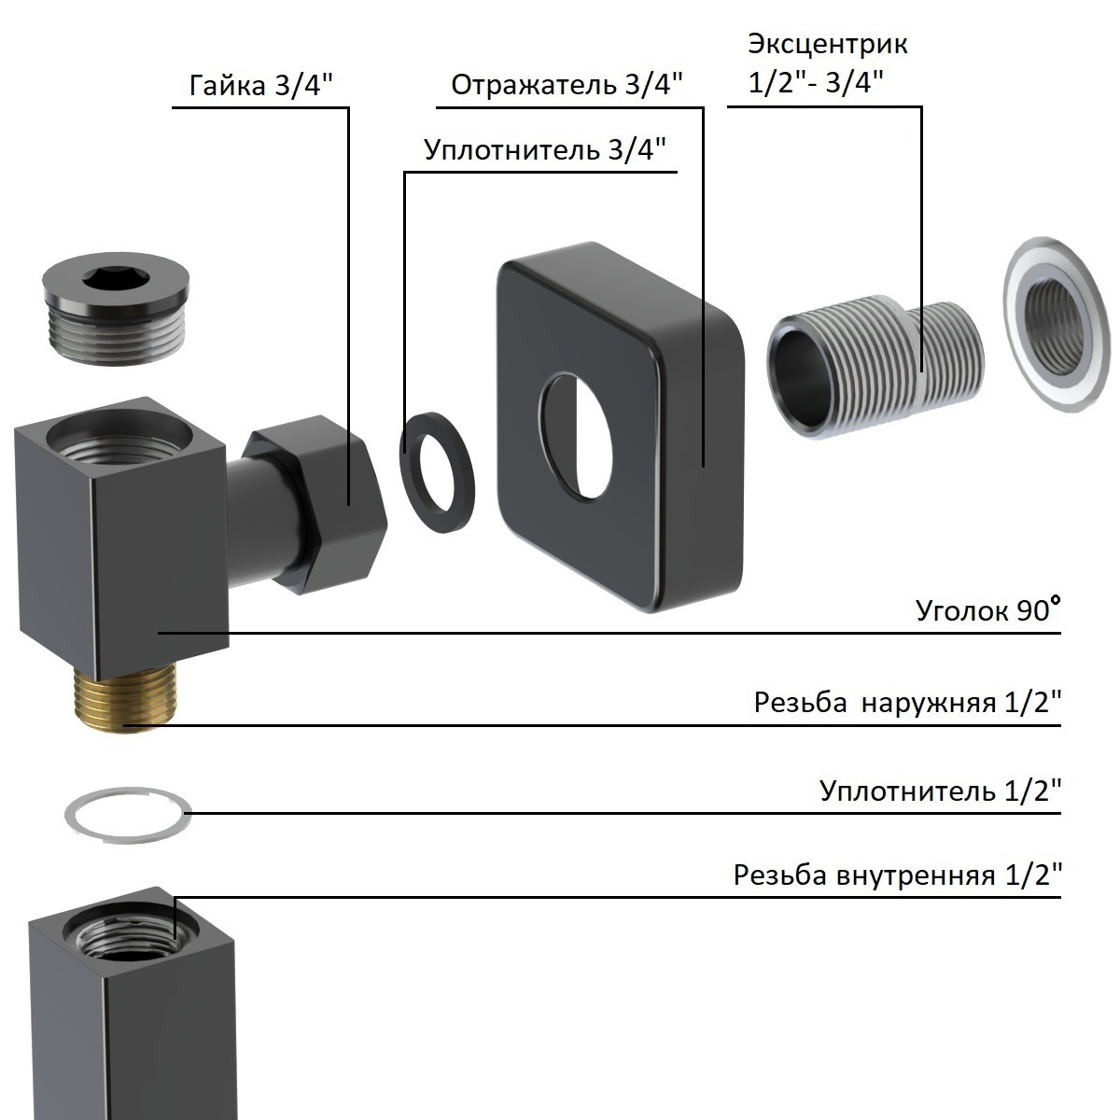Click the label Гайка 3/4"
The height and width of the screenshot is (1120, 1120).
(261, 86)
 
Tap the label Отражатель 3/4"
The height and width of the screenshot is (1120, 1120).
(567, 85)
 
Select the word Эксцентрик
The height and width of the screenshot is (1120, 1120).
(828, 45)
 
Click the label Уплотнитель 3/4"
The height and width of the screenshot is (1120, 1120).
(544, 150)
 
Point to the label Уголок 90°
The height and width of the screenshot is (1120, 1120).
(988, 609)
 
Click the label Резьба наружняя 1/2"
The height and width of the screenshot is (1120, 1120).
(908, 702)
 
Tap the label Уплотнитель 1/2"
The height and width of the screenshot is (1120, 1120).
(941, 791)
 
